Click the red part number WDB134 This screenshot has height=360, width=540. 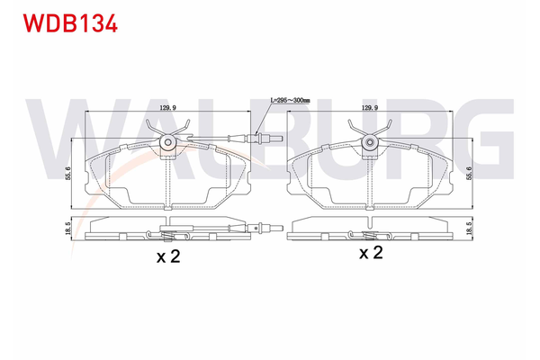70,23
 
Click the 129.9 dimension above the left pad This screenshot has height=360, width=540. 168,107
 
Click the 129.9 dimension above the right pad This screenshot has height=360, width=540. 370,107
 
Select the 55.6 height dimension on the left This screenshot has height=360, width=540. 67,174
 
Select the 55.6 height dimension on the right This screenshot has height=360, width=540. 470,172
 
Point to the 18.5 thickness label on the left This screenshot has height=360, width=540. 67,229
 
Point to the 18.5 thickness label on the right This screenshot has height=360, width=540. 470,229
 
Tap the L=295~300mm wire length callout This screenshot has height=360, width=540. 290,100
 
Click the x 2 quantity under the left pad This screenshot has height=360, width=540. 168,256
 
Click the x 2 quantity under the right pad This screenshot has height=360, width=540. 371,253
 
